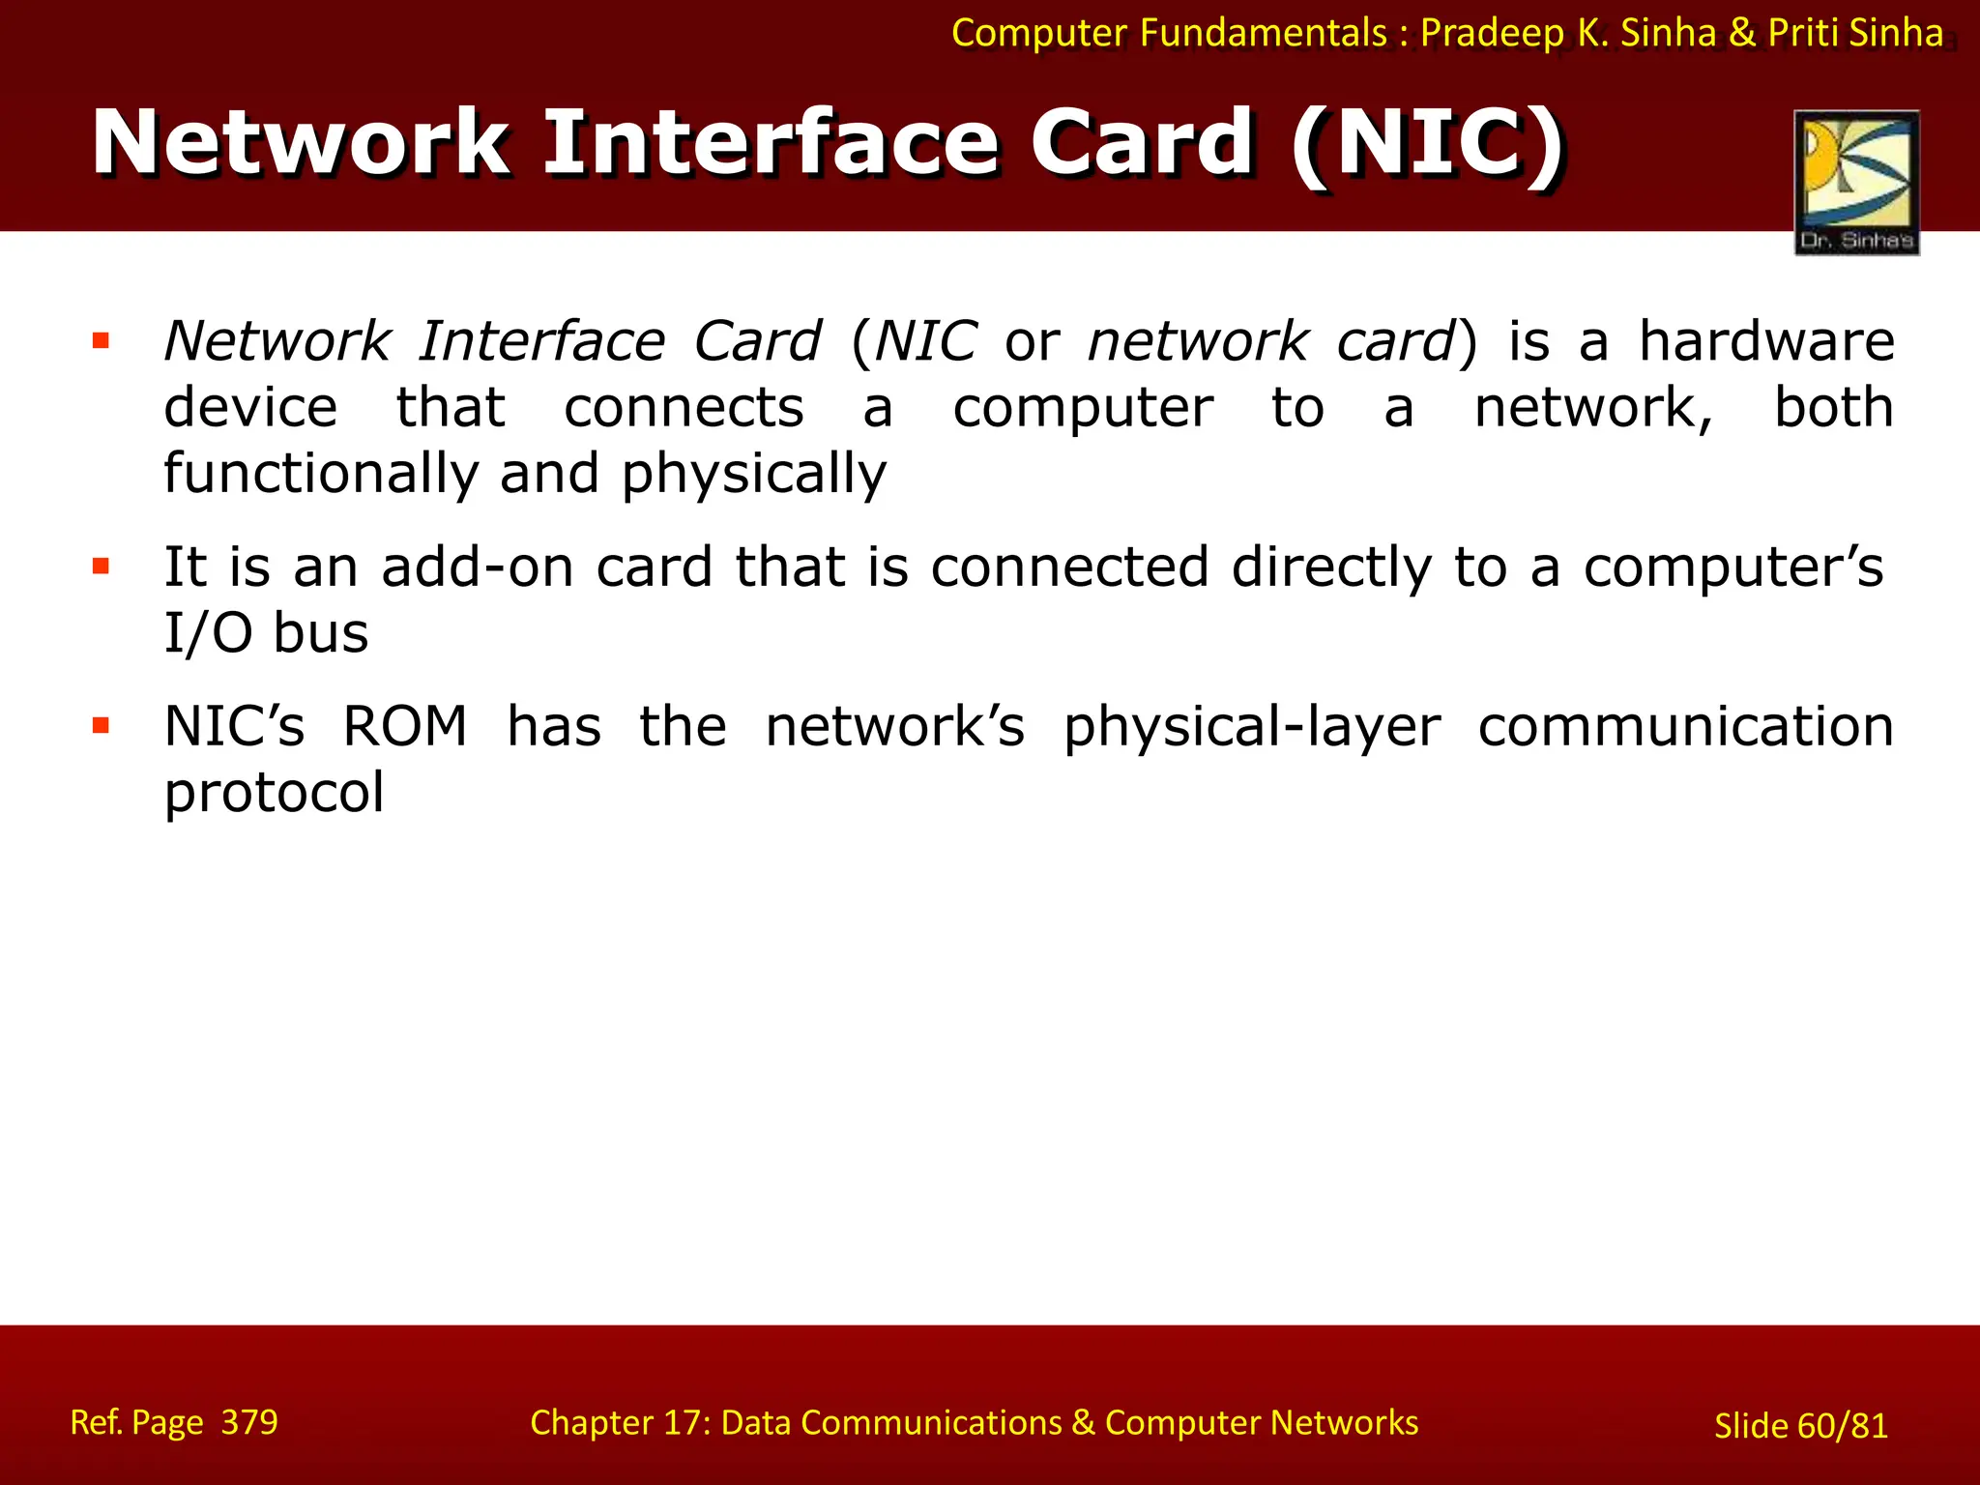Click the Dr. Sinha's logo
click(x=1856, y=182)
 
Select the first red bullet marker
click(x=101, y=340)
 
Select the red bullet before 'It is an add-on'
click(x=101, y=566)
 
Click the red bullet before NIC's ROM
click(x=101, y=725)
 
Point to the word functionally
click(x=321, y=474)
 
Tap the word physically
click(x=753, y=474)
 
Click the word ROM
click(x=405, y=726)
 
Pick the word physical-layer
click(x=1252, y=727)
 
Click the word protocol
click(x=275, y=793)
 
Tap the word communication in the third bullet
click(x=1685, y=726)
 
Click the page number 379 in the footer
click(x=249, y=1422)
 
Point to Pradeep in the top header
click(x=1492, y=33)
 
